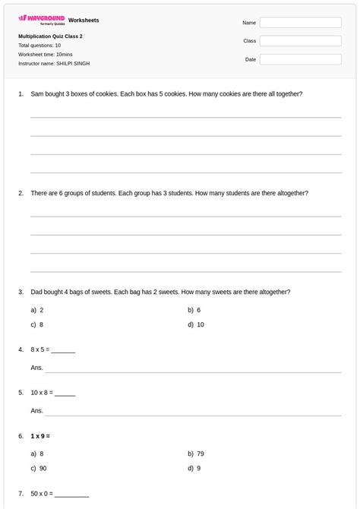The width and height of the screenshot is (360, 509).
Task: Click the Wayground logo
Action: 41,20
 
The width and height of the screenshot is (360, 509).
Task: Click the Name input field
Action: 300,23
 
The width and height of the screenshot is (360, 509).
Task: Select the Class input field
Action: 300,41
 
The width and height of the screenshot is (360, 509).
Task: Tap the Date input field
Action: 300,59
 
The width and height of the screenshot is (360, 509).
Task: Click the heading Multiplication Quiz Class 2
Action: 50,36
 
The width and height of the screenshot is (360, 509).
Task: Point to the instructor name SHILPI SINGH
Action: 73,63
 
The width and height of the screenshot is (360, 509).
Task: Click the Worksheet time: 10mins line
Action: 46,54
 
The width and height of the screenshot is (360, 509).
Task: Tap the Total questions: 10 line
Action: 39,45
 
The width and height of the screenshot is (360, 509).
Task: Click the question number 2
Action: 21,193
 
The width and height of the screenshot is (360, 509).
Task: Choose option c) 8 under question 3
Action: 37,324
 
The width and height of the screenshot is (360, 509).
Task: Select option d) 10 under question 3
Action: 196,324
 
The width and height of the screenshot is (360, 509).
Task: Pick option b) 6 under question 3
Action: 194,310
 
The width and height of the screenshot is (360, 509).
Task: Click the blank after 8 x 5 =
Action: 63,350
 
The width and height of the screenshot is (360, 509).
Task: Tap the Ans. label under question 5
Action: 36,411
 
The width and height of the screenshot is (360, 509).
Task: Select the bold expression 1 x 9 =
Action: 40,436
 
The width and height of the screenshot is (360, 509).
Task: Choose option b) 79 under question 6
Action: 196,454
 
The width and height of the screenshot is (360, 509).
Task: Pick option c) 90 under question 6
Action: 39,468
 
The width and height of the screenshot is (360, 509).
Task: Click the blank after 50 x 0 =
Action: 71,494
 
